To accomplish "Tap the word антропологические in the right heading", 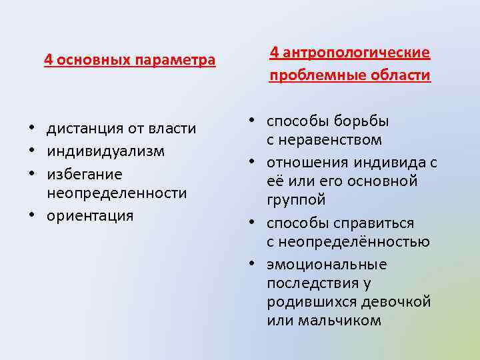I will pos(357,53).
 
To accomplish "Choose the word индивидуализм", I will pos(105,151).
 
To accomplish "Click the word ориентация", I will pos(90,215).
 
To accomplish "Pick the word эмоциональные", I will pos(327,265).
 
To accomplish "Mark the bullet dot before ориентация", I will pos(32,215).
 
